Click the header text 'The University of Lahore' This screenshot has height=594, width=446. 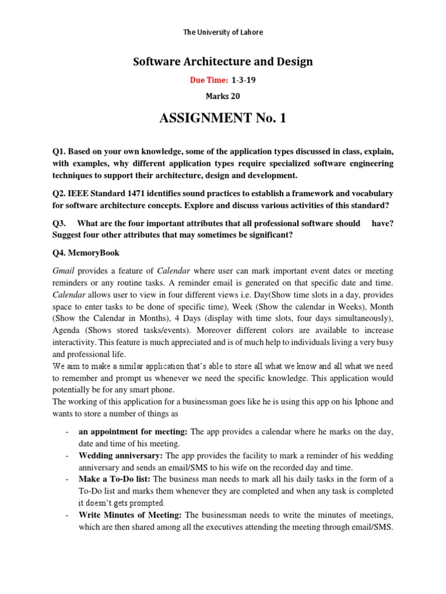coord(223,32)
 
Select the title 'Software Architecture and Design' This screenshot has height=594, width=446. coord(223,61)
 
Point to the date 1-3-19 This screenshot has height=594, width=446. coord(243,81)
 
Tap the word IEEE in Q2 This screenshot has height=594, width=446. coord(86,193)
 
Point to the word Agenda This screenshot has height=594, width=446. coord(67,331)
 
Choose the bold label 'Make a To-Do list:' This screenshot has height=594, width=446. coord(114,479)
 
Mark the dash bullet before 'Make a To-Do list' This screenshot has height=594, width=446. coord(69,479)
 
